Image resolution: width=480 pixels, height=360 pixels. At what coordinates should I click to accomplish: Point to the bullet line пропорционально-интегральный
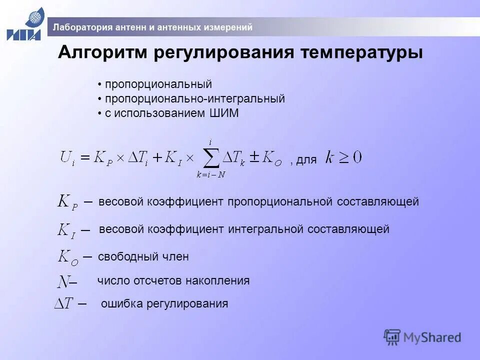pyautogui.click(x=194, y=99)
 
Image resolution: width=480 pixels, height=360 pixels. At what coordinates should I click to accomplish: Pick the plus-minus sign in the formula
pyautogui.click(x=254, y=157)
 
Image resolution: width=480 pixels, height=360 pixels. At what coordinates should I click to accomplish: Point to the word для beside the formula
pyautogui.click(x=306, y=160)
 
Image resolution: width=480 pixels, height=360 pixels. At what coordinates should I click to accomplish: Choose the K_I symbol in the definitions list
pyautogui.click(x=67, y=230)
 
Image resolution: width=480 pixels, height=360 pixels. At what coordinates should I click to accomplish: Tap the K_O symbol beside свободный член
pyautogui.click(x=68, y=257)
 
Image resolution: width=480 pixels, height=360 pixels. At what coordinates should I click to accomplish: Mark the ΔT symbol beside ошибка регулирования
pyautogui.click(x=64, y=303)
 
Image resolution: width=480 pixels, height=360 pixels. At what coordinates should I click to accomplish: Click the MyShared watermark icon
pyautogui.click(x=392, y=337)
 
